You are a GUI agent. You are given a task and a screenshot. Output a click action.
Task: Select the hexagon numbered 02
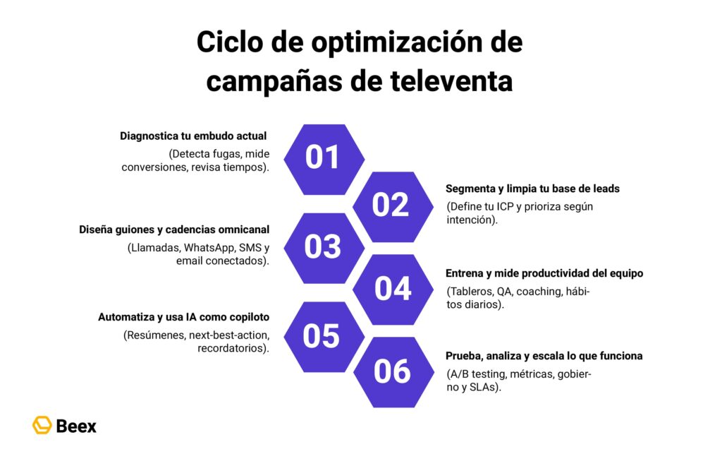(x=391, y=205)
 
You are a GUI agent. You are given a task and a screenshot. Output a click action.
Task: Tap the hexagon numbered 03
(x=323, y=247)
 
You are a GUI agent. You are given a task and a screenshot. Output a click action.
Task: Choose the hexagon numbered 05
(x=322, y=336)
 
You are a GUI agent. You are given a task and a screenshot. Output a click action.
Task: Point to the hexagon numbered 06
(x=392, y=371)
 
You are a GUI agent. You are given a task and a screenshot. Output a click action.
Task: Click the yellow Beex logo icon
(x=42, y=425)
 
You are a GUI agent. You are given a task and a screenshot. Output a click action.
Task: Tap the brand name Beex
(x=76, y=426)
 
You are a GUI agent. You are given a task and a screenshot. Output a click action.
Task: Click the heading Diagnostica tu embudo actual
(x=193, y=136)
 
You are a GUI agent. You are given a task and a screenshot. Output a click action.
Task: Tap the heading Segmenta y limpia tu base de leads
(x=532, y=189)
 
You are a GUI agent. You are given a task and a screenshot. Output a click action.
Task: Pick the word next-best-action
(x=229, y=335)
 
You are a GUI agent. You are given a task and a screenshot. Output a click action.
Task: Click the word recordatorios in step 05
(x=232, y=349)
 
